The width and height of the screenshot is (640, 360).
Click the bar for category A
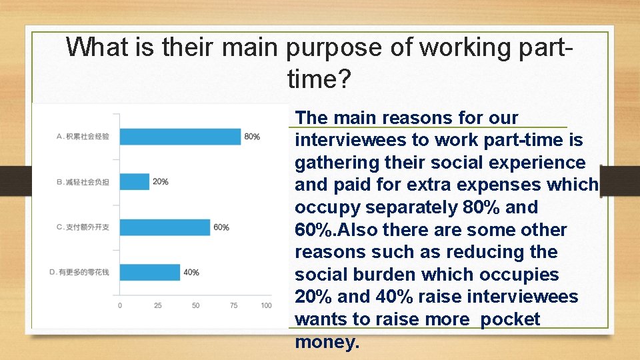point(180,137)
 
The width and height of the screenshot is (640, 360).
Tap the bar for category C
point(165,227)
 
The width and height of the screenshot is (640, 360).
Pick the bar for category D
point(150,272)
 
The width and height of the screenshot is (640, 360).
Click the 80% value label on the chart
point(252,137)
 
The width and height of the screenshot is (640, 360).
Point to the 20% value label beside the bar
point(160,181)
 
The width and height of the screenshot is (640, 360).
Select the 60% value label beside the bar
point(221,227)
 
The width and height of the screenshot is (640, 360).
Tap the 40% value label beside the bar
point(191,272)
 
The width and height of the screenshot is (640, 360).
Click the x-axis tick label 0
point(120,305)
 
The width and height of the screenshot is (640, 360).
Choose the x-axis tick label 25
point(157,305)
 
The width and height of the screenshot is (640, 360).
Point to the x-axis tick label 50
point(195,305)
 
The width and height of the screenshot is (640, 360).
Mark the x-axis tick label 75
point(233,305)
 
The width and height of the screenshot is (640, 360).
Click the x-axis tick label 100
point(266,305)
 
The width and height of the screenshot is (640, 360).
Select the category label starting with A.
point(83,137)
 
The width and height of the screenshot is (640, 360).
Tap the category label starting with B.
point(83,181)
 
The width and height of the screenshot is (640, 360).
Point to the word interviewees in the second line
point(349,141)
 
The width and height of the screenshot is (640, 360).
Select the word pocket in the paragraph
point(510,319)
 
